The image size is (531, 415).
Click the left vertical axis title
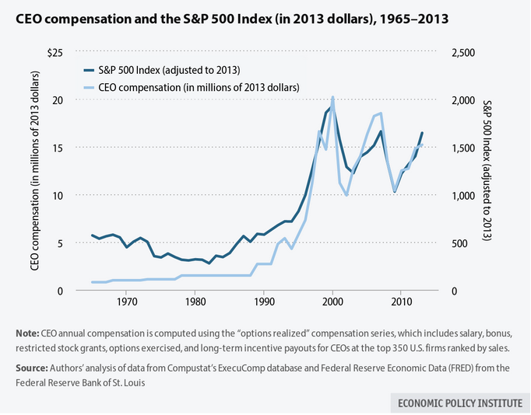(35, 172)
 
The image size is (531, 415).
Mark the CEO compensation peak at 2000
(333, 98)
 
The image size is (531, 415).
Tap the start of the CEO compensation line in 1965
(92, 282)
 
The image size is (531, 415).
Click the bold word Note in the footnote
(28, 333)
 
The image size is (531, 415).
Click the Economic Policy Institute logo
(457, 403)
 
